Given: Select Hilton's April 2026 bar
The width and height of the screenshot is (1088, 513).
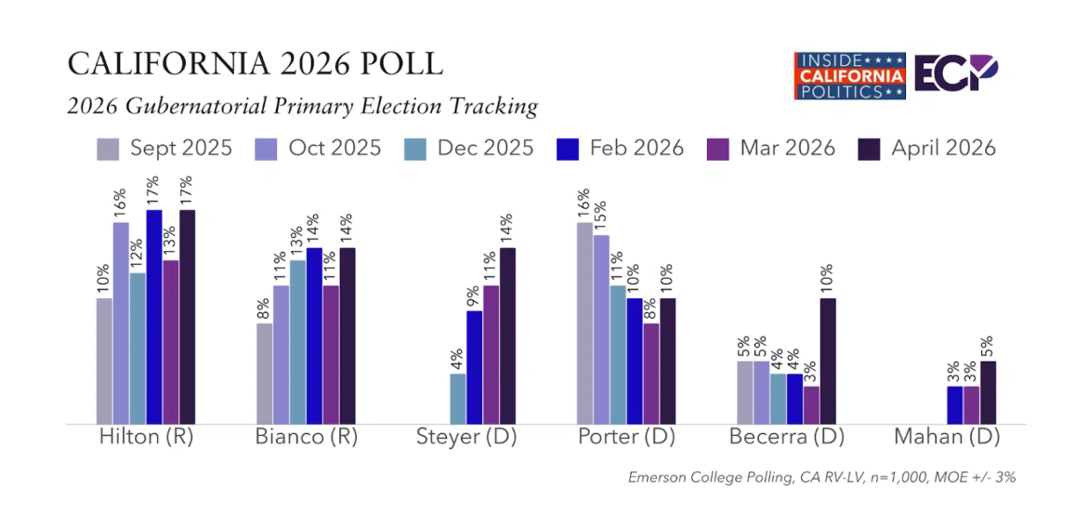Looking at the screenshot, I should [188, 317].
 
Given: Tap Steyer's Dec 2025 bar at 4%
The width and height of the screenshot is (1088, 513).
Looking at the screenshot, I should [458, 399].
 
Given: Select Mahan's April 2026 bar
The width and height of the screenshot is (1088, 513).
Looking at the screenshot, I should [989, 392].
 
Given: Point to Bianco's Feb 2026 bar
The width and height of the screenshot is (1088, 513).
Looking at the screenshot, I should [314, 335].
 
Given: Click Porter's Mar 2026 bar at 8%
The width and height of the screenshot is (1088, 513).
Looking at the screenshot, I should [651, 374].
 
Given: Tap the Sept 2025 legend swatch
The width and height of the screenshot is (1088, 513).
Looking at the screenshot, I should [109, 149].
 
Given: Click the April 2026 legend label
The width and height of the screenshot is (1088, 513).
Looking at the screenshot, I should [943, 148].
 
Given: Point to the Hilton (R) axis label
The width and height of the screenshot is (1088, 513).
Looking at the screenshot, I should [146, 437].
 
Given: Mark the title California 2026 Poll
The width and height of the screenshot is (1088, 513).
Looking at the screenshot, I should [255, 64].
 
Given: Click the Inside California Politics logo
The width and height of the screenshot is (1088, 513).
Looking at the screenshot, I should [849, 75].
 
